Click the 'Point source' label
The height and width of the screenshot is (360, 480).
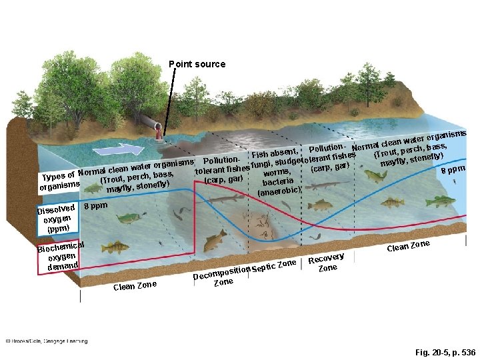(197, 65)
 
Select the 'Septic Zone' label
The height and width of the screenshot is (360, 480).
(274, 267)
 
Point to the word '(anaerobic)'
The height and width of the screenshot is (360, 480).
(279, 192)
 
